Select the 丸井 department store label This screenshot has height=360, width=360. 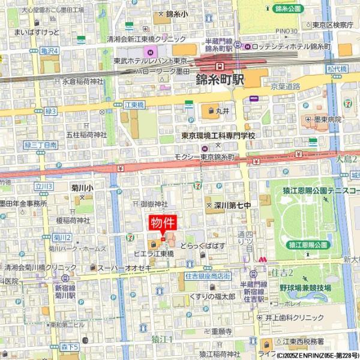click(x=223, y=110)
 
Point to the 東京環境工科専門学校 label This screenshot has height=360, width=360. click(x=218, y=136)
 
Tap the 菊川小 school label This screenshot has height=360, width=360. click(x=82, y=188)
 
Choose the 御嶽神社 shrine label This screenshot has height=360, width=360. click(x=155, y=204)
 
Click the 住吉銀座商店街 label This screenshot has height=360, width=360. click(x=208, y=276)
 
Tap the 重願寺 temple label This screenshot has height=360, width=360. click(x=217, y=331)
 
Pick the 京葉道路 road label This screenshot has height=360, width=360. click(x=284, y=87)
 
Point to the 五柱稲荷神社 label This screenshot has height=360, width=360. click(x=86, y=135)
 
